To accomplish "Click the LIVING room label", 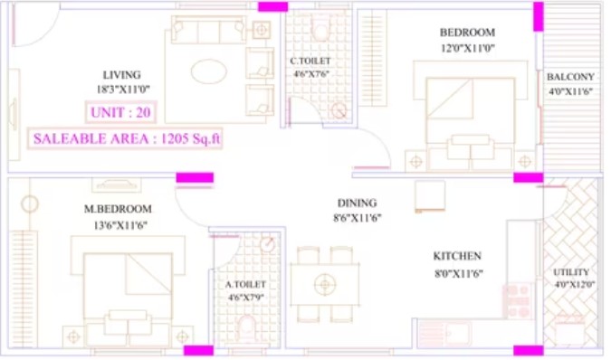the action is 121,75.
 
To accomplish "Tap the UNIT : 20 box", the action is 120,112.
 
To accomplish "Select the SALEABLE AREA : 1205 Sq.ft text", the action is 126,138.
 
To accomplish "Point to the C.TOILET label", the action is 310,62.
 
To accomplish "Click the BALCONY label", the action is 570,77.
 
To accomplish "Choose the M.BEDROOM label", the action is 118,209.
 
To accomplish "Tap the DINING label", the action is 357,204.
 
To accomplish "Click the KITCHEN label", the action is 457,256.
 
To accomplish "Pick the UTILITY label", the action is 571,272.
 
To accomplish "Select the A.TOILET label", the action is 245,285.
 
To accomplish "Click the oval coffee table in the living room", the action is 209,71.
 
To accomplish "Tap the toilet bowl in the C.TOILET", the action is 320,31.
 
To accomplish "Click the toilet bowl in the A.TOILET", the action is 246,325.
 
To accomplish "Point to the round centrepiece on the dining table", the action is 325,285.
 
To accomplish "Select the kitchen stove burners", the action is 518,301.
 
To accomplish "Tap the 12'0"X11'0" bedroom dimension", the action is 468,48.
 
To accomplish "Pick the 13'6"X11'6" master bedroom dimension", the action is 120,225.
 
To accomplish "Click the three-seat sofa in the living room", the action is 208,30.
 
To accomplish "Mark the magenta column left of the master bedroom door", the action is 195,178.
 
